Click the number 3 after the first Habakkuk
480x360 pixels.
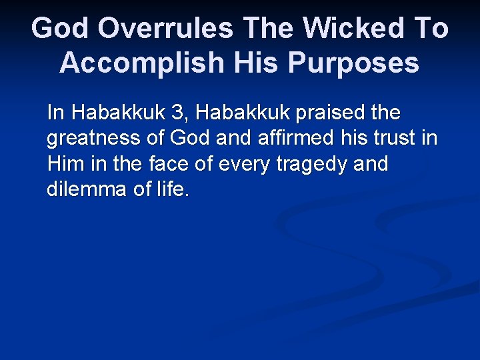pos(177,113)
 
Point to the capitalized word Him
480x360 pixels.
pos(63,163)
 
